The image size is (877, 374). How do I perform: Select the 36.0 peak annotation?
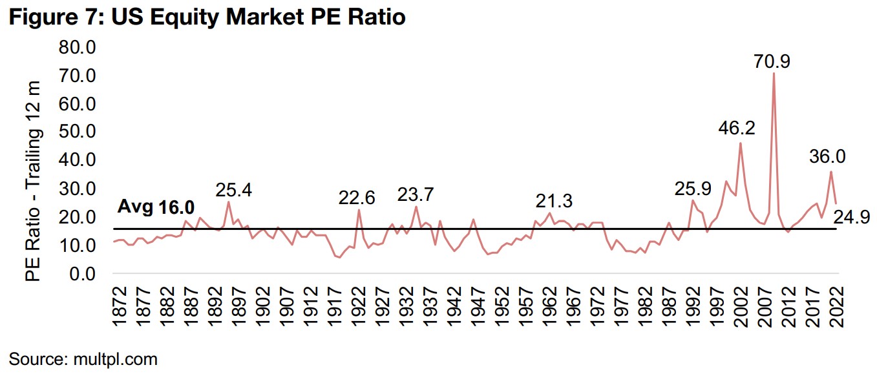point(827,156)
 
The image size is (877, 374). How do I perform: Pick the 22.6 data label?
point(357,198)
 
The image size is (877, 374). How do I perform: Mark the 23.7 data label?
point(416,194)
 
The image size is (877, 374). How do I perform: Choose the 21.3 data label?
point(554,201)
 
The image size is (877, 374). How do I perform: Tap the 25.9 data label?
point(693,190)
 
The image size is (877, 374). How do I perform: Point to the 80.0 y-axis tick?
point(77,47)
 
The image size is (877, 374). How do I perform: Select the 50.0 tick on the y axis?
point(77,132)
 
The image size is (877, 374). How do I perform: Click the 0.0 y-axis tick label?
point(82,273)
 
